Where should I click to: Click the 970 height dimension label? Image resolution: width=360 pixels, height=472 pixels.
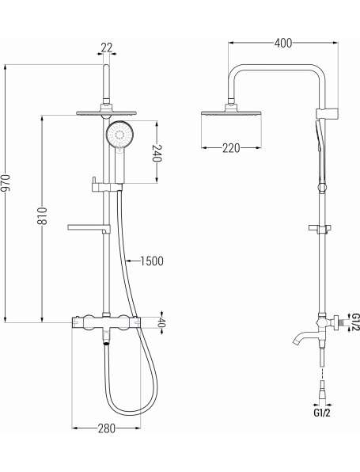(6, 183)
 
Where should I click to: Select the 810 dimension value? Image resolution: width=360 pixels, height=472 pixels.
(42, 215)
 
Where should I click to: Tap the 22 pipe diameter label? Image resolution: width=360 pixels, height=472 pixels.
(107, 48)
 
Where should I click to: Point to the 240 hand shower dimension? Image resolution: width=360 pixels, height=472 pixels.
(157, 153)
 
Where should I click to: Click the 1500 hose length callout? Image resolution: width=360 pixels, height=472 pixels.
(152, 261)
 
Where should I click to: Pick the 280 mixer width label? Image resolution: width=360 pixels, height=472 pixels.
(107, 428)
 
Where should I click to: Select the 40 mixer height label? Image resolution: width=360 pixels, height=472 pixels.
(161, 323)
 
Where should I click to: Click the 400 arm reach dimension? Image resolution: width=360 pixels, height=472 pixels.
(283, 43)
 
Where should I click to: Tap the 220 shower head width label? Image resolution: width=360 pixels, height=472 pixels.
(231, 148)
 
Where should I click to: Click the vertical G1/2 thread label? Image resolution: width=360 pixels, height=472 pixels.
(355, 322)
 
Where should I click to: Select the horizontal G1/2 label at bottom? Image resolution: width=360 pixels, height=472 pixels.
(322, 413)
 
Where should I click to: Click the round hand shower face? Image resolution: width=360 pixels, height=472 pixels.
(120, 134)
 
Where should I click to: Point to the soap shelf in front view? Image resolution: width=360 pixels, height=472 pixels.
(89, 228)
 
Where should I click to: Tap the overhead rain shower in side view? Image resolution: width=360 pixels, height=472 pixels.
(231, 113)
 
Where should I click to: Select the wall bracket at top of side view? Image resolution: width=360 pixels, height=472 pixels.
(328, 114)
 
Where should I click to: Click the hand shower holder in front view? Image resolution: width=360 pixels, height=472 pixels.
(107, 187)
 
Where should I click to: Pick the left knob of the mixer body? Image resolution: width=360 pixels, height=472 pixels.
(89, 322)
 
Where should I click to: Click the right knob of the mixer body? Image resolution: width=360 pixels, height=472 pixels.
(123, 322)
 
